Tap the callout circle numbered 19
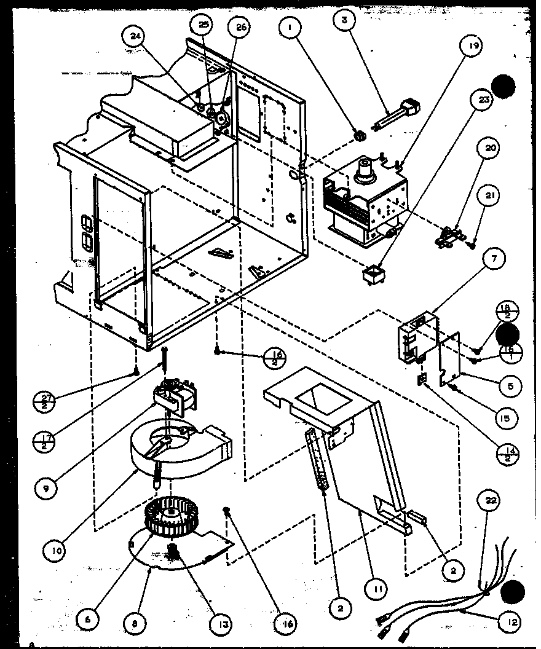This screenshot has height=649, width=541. point(474,45)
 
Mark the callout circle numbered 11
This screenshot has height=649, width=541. point(377,589)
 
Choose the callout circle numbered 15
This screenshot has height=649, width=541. point(504,419)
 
